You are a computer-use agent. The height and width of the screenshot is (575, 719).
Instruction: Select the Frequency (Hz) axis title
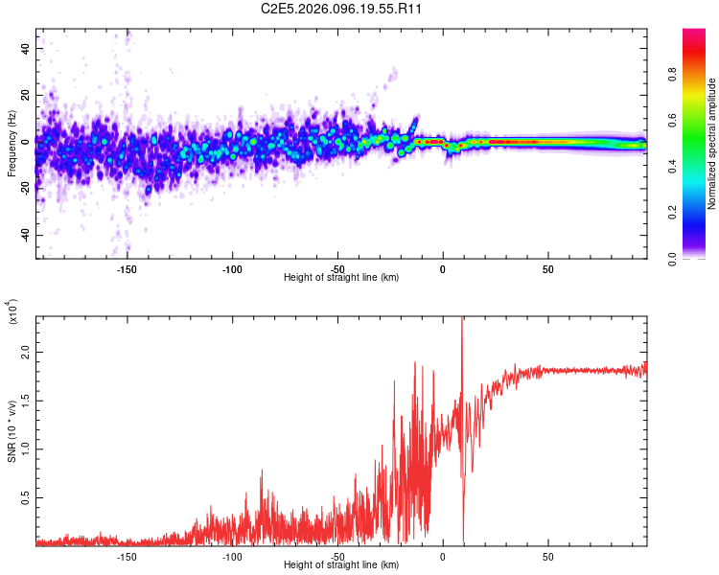pyautogui.click(x=12, y=144)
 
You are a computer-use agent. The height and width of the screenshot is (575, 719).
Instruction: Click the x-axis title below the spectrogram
pyautogui.click(x=341, y=278)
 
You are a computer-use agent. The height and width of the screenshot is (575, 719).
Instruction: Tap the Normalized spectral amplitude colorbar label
pyautogui.click(x=712, y=144)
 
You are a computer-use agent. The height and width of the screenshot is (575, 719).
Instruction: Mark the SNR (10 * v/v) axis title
pyautogui.click(x=12, y=431)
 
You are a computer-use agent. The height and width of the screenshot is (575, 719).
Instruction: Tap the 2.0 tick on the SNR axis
pyautogui.click(x=25, y=352)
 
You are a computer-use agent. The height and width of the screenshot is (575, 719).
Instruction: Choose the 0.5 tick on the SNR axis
pyautogui.click(x=25, y=499)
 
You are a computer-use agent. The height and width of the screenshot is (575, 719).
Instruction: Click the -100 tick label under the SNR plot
pyautogui.click(x=231, y=556)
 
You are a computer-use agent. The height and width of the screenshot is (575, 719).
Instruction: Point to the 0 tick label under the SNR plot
pyautogui.click(x=442, y=556)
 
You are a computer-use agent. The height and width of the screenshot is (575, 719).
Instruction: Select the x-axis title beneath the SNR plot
pyautogui.click(x=341, y=565)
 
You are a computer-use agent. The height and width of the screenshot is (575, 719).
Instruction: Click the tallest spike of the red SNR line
pyautogui.click(x=462, y=320)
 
